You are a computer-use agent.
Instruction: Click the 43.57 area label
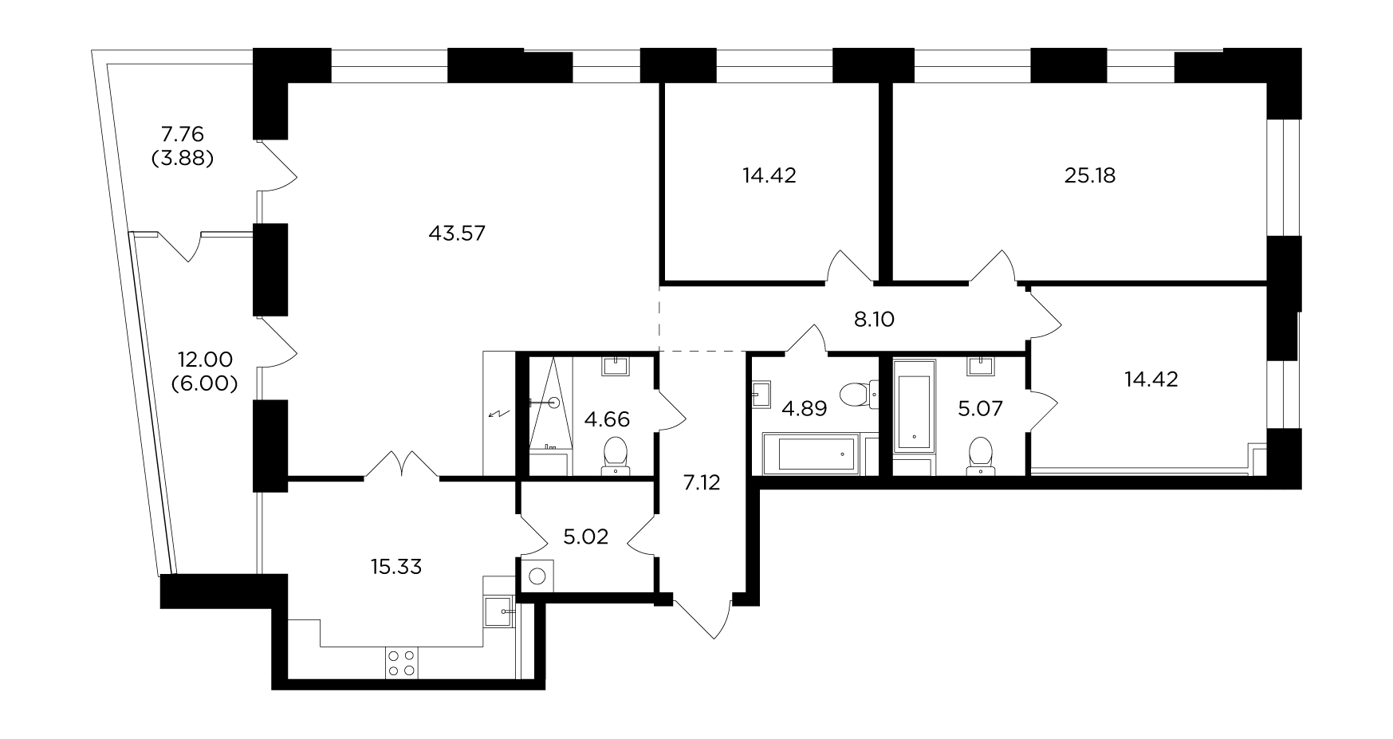pyautogui.click(x=457, y=234)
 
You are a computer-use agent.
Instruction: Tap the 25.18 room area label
pyautogui.click(x=1090, y=175)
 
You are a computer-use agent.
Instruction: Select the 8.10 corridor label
pyautogui.click(x=874, y=320)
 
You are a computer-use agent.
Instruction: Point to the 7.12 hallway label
pyautogui.click(x=702, y=482)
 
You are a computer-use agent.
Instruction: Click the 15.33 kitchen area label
pyautogui.click(x=396, y=567)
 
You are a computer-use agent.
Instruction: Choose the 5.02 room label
pyautogui.click(x=585, y=537)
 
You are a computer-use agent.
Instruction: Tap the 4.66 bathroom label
pyautogui.click(x=607, y=419)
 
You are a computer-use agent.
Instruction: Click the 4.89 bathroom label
pyautogui.click(x=804, y=409)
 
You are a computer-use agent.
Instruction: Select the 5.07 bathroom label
pyautogui.click(x=981, y=410)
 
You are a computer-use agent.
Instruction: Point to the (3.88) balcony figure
pyautogui.click(x=183, y=158)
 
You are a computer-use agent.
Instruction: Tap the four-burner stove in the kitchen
pyautogui.click(x=401, y=662)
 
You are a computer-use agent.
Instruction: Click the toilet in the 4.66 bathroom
pyautogui.click(x=615, y=455)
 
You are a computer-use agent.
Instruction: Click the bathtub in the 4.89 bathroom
pyautogui.click(x=810, y=454)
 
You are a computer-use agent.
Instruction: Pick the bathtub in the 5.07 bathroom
pyautogui.click(x=914, y=405)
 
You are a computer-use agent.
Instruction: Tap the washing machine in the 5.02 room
pyautogui.click(x=538, y=576)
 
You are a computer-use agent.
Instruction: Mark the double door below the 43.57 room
pyautogui.click(x=402, y=466)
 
